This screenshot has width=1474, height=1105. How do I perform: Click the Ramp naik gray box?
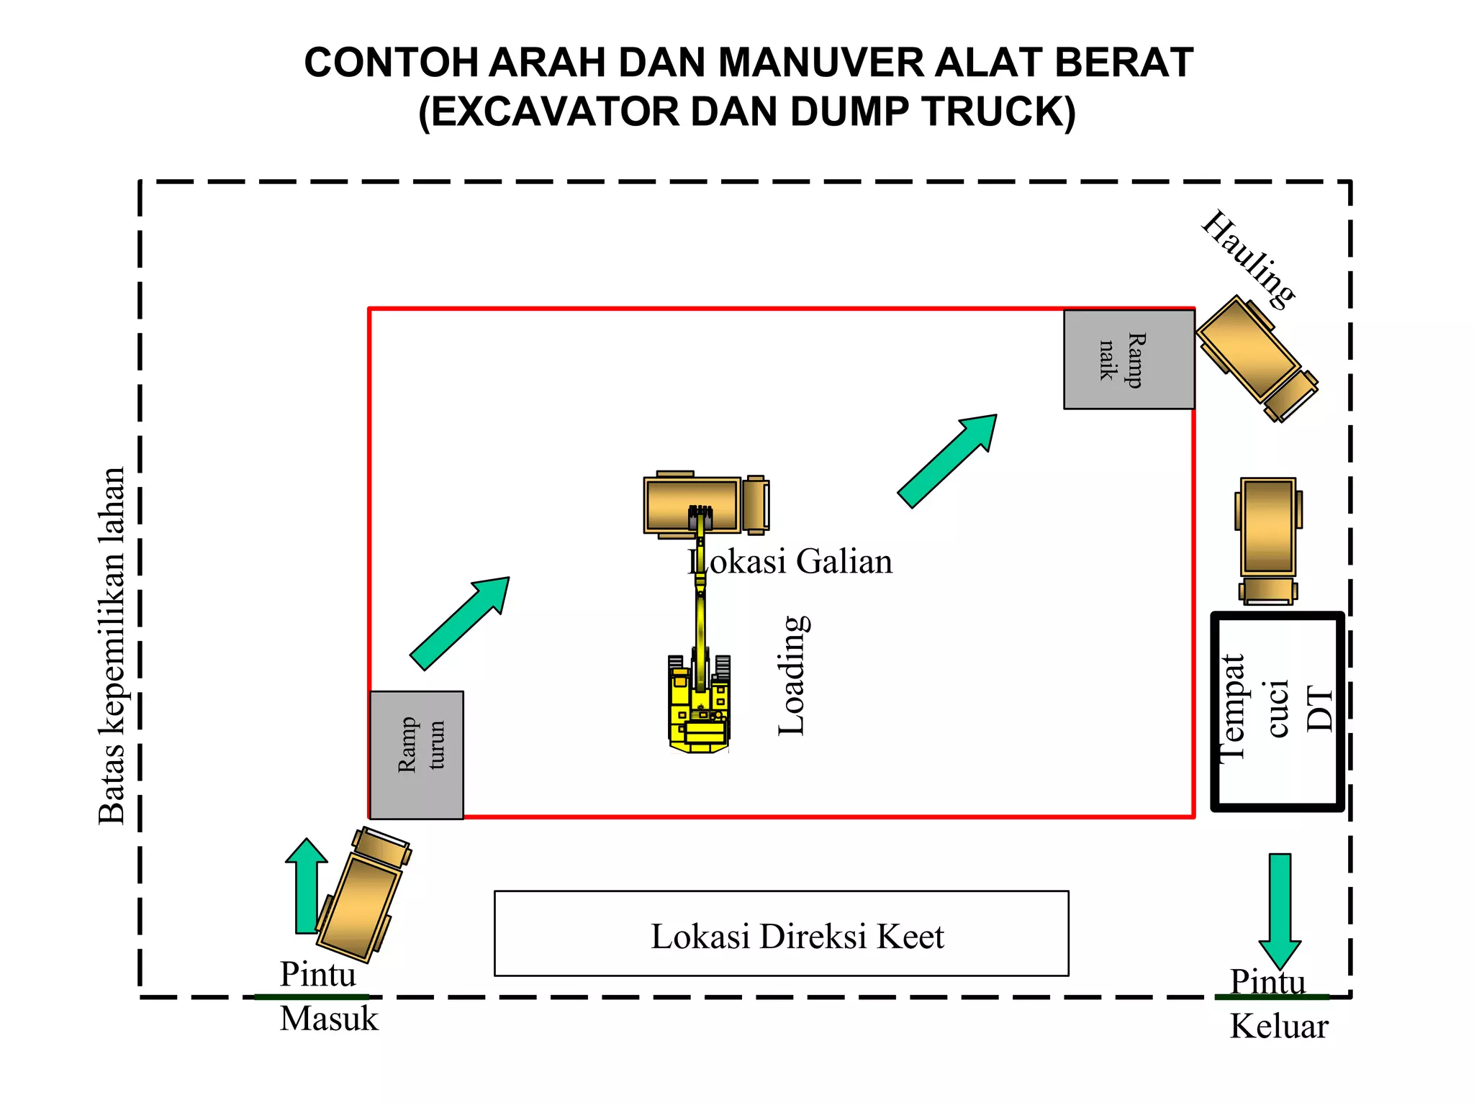tap(1129, 360)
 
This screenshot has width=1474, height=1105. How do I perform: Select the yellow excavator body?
tap(697, 709)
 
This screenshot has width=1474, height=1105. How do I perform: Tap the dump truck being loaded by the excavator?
tap(705, 504)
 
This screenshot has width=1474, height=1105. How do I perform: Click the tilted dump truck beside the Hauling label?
tap(1256, 358)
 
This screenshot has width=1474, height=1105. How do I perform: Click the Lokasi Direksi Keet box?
tap(781, 934)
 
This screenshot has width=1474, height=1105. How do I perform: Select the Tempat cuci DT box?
tap(1277, 711)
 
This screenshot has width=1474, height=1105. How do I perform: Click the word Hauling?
tap(1249, 259)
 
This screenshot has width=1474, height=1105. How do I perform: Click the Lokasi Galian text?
tap(790, 561)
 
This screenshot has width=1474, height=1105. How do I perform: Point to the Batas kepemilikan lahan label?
tap(112, 645)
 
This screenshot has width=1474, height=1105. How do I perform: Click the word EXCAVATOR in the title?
tap(556, 112)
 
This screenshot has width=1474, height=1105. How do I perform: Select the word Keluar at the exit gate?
tap(1278, 1026)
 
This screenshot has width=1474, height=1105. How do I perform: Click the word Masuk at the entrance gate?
tap(328, 1019)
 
